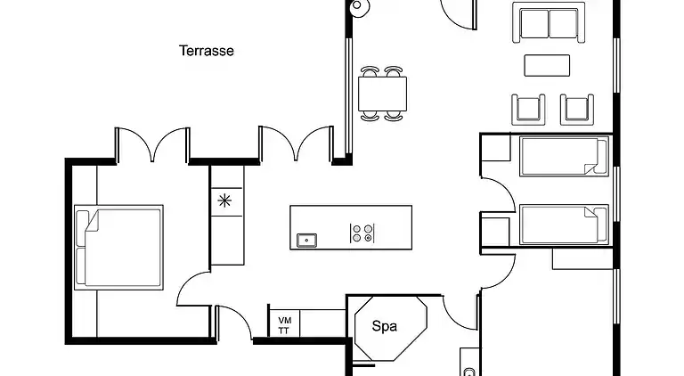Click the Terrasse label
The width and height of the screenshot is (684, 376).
point(207,51)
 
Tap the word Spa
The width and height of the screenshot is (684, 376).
point(384,326)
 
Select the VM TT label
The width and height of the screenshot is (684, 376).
point(284,325)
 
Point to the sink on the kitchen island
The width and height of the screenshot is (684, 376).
point(306,238)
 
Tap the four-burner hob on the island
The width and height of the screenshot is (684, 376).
point(362,233)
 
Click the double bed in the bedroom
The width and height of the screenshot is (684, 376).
point(118,247)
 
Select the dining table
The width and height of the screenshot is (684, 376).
point(383,91)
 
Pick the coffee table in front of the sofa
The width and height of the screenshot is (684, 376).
point(547,66)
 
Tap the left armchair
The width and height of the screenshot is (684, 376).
point(527,109)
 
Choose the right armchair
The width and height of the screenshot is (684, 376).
point(576,109)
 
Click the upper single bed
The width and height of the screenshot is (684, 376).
point(562,157)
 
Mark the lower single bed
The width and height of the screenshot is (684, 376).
point(562,224)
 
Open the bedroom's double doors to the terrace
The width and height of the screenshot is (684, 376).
point(151,145)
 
